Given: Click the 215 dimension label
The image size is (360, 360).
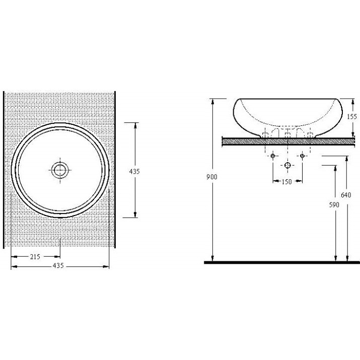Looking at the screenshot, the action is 35,256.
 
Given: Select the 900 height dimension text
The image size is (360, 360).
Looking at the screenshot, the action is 211,177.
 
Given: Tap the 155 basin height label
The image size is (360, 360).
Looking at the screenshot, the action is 352,116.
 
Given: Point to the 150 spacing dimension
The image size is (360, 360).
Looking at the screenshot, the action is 286,182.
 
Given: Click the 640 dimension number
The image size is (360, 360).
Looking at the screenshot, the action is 346,195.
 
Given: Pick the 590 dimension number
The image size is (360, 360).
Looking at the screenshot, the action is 334,205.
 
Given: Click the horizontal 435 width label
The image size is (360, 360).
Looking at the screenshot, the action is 58,265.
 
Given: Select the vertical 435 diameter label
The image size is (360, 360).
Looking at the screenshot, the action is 134,171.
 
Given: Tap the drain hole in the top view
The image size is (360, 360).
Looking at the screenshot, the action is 60,170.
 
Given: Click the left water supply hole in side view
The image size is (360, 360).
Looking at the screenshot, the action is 273,156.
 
